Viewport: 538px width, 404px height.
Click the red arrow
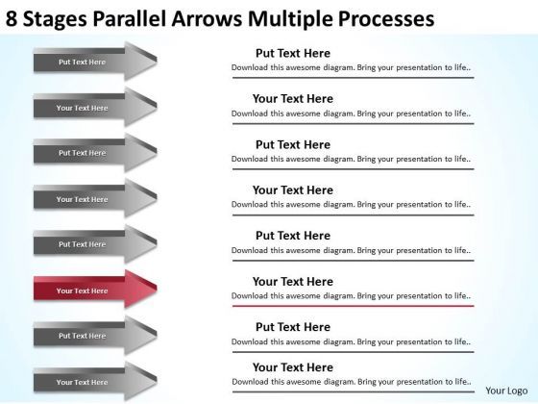95,290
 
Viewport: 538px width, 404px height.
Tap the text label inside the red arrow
82,290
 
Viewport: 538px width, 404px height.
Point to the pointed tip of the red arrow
157,290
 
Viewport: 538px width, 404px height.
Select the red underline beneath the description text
353,306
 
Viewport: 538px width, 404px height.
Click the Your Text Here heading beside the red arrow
293,281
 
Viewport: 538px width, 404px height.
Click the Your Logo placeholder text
503,391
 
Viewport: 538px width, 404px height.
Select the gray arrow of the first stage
95,63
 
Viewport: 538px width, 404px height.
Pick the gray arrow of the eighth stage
95,382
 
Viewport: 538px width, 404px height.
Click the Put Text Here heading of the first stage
293,53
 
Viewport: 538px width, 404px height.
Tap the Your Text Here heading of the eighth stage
293,367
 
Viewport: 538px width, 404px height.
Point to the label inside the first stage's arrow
82,63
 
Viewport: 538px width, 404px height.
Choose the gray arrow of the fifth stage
95,244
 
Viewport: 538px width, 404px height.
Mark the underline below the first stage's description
353,79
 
